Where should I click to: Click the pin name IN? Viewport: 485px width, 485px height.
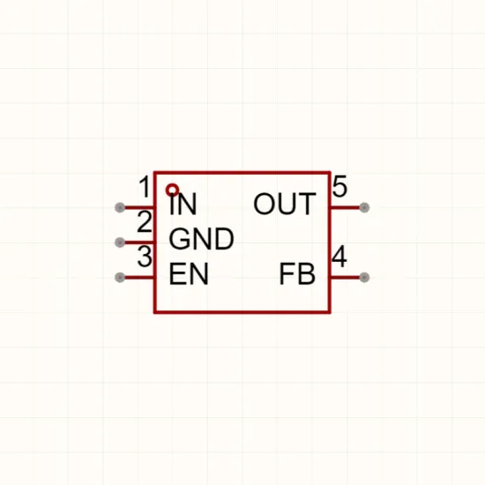click(x=183, y=204)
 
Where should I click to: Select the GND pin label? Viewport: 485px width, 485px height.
click(x=201, y=239)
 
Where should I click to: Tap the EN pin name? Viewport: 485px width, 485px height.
click(x=189, y=273)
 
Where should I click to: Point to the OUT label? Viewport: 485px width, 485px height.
click(x=285, y=204)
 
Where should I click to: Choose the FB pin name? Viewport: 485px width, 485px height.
click(x=297, y=273)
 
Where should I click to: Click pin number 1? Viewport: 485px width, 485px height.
click(x=145, y=187)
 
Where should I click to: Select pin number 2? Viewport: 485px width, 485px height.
click(x=144, y=221)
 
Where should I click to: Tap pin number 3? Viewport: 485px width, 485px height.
click(x=145, y=257)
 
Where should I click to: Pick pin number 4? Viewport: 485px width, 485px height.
click(x=339, y=256)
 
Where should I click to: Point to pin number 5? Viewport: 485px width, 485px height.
click(x=339, y=186)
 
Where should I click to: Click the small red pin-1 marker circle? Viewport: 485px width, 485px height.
click(x=172, y=190)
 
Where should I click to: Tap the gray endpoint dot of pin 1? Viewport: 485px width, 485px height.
click(x=120, y=207)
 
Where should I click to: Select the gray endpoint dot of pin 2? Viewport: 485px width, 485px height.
click(x=120, y=242)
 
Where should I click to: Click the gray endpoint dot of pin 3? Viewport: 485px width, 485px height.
click(x=120, y=278)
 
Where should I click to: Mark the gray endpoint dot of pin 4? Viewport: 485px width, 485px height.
click(x=364, y=278)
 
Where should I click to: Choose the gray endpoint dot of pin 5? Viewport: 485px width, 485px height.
click(x=364, y=207)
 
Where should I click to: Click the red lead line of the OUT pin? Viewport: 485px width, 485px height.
click(x=346, y=207)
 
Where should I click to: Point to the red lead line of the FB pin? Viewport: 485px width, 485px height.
click(x=346, y=278)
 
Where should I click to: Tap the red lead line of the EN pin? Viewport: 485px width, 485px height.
click(x=138, y=278)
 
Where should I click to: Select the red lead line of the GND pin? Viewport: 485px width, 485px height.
click(x=138, y=242)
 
